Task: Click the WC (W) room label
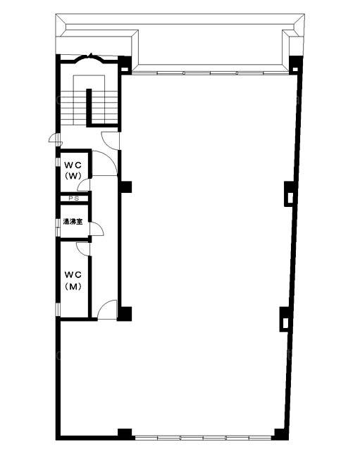tap(73, 170)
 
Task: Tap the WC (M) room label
tap(73, 280)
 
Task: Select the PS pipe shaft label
tap(73, 198)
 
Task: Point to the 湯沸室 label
tap(73, 222)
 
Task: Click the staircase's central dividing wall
tap(89, 106)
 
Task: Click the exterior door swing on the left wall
tap(53, 139)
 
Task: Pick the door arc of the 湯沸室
tap(97, 229)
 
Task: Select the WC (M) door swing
tap(83, 249)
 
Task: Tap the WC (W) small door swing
tap(83, 185)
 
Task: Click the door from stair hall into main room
tap(110, 141)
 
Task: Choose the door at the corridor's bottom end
tap(107, 310)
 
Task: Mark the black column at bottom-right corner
tap(280, 434)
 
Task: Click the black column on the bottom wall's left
tap(125, 434)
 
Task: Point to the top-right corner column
tap(295, 65)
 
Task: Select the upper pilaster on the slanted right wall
tap(289, 194)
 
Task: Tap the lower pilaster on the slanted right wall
tap(285, 320)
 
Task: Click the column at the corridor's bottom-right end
tap(125, 314)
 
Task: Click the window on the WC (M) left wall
tap(57, 309)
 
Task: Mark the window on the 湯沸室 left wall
tap(57, 227)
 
